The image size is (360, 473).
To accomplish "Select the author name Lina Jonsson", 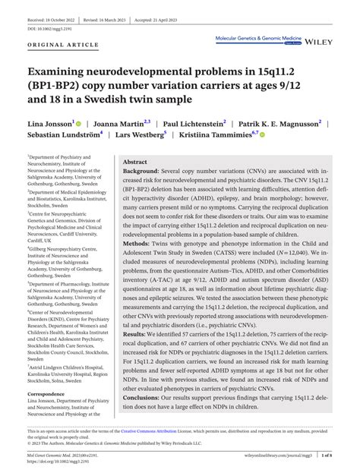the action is click(49, 123).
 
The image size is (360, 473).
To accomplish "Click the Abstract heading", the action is click(135, 162).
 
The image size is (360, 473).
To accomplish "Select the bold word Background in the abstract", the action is click(143, 173).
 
